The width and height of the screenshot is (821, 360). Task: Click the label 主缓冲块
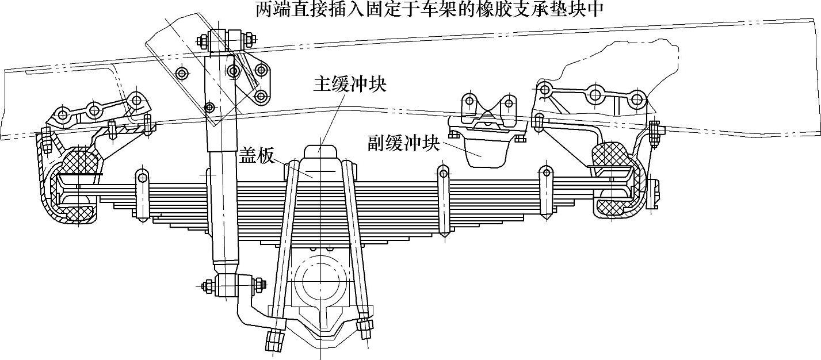pyautogui.click(x=349, y=84)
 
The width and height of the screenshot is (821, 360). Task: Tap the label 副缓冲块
pyautogui.click(x=404, y=142)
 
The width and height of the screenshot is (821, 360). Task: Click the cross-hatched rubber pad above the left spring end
pyautogui.click(x=81, y=160)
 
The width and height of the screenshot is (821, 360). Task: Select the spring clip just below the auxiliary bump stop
pyautogui.click(x=443, y=201)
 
